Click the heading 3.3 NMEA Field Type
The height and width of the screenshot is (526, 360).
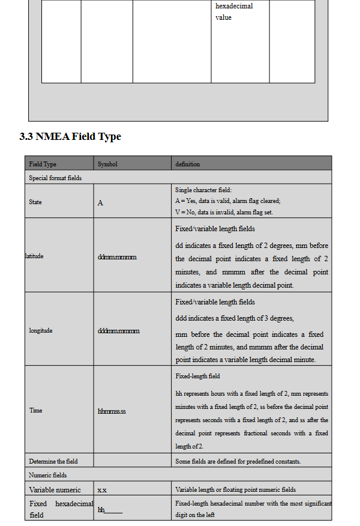coord(70,136)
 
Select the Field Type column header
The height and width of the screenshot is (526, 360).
coord(43,164)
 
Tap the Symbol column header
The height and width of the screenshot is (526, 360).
coord(107,164)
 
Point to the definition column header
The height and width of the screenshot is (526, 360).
coord(187,164)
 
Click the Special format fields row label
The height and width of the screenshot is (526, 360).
coord(55,178)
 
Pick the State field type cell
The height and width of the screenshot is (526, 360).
coord(35,202)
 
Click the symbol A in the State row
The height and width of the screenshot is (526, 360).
coord(100,202)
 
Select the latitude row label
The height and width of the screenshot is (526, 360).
coord(34,256)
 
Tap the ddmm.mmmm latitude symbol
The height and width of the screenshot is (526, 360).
coord(117,257)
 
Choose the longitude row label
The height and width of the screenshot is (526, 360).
coord(41,330)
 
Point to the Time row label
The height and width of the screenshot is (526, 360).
coord(35,410)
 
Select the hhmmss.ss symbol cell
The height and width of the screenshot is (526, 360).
coord(112,411)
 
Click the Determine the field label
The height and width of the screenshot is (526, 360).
coord(53,461)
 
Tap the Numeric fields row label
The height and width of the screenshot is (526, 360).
coord(48,475)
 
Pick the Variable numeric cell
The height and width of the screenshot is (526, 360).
coord(55,490)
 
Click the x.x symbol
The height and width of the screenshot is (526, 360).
coord(102,491)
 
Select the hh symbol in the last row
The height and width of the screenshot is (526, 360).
coord(101,509)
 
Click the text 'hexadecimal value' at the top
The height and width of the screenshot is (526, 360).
coord(234,11)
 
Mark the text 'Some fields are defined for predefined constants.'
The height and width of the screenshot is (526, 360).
coord(238,461)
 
